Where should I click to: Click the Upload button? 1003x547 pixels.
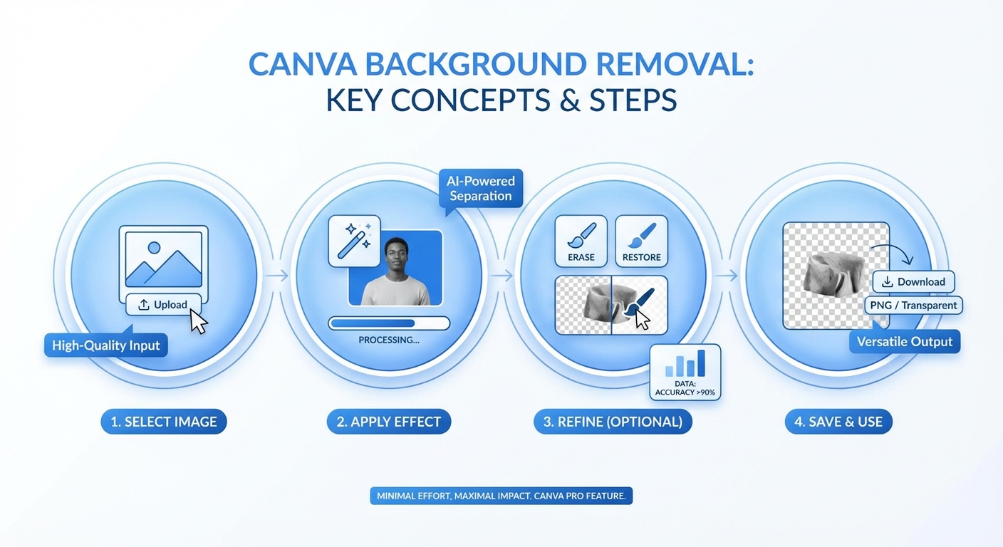point(164,305)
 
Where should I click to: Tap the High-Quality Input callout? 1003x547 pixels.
point(105,346)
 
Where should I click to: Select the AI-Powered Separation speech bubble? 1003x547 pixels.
point(480,188)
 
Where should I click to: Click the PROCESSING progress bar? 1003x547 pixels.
point(389,323)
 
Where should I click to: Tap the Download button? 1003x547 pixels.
point(913,282)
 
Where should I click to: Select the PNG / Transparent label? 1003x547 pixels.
point(914,306)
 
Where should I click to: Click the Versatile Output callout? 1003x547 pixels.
point(904,342)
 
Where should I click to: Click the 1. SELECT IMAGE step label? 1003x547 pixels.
point(163,422)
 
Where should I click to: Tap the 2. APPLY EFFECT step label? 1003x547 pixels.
point(389,422)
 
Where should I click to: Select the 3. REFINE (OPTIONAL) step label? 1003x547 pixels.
point(613,422)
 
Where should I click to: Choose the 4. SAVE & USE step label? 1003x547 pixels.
point(838,422)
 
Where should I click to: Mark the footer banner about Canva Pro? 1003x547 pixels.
point(501,496)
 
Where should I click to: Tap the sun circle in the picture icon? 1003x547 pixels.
point(154,249)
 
